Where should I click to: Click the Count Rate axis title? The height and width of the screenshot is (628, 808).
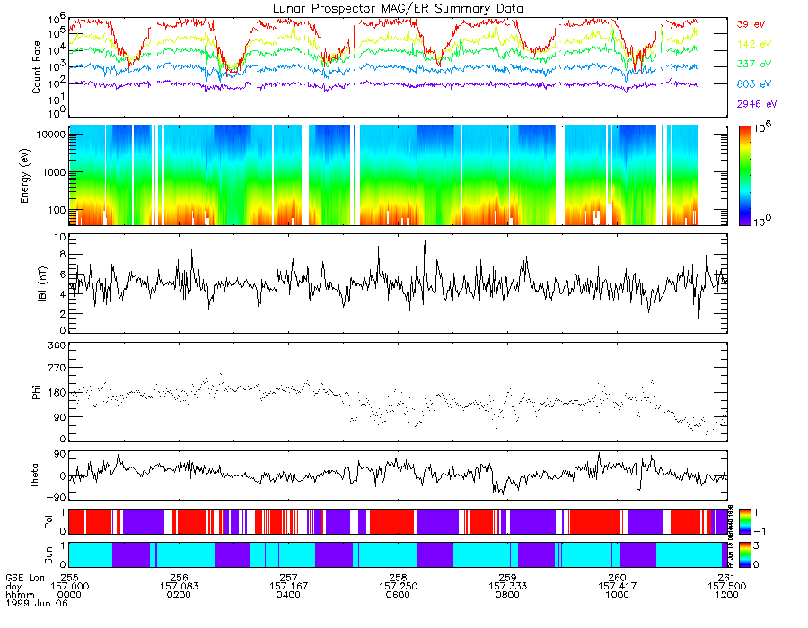(37, 66)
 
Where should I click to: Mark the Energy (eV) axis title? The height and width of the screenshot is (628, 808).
(37, 175)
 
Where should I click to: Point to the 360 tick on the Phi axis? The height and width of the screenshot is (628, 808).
(54, 345)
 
